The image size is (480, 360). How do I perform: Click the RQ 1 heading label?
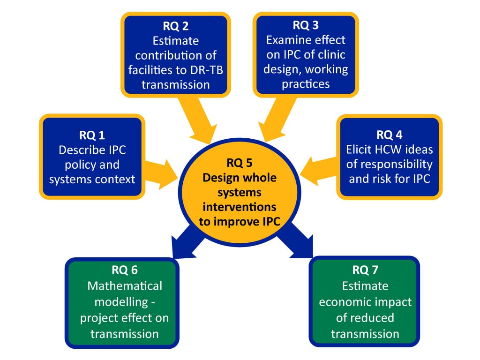point(92,135)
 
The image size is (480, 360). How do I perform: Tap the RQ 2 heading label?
point(176,25)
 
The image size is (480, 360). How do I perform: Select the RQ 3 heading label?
point(306,25)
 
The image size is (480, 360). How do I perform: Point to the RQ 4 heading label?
point(389,135)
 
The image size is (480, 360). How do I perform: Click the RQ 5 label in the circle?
point(240,163)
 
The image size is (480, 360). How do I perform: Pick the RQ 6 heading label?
point(124,270)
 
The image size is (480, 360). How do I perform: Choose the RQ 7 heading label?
point(365,270)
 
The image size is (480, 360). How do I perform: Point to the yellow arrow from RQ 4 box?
point(319,168)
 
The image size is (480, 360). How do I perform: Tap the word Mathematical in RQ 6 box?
point(124,286)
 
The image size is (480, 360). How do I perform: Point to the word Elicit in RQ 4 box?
point(360,150)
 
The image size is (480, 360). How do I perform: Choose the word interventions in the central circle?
point(240,207)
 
